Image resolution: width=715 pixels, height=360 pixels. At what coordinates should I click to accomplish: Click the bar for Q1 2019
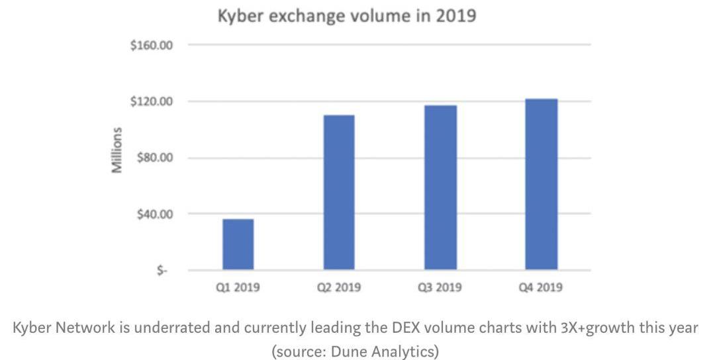pyautogui.click(x=238, y=244)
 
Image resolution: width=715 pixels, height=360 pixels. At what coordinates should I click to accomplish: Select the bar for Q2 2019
pyautogui.click(x=338, y=192)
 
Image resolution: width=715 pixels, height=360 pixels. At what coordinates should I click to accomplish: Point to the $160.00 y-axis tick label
pyautogui.click(x=151, y=46)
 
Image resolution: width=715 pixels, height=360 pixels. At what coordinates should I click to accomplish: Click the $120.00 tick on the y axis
pyautogui.click(x=151, y=102)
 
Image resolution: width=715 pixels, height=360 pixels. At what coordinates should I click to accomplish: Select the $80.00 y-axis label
pyautogui.click(x=154, y=158)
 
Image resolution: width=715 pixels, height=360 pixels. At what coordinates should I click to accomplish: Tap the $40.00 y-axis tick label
pyautogui.click(x=154, y=214)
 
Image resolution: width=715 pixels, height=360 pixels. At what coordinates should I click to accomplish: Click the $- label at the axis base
pyautogui.click(x=161, y=271)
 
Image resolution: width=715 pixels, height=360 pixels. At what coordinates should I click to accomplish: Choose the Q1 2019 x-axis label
pyautogui.click(x=238, y=288)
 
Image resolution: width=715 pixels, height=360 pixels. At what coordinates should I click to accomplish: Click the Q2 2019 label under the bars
pyautogui.click(x=338, y=288)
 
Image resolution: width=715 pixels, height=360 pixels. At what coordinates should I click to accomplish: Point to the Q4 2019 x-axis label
pyautogui.click(x=541, y=288)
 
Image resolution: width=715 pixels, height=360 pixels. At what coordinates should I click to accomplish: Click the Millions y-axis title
pyautogui.click(x=117, y=150)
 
